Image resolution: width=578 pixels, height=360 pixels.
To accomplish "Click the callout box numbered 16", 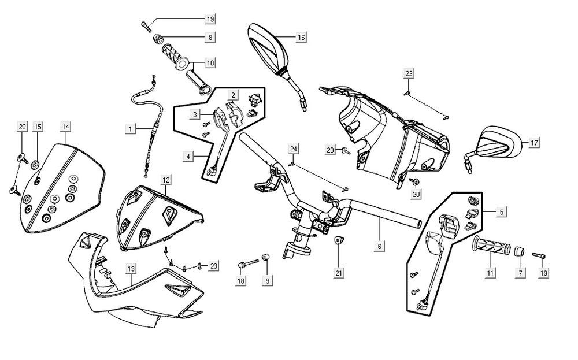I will (x=301, y=38).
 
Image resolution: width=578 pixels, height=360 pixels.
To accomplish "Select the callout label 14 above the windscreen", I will (x=66, y=127).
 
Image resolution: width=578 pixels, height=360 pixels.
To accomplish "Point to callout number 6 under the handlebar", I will (x=379, y=247).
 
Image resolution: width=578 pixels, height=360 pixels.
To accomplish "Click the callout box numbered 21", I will (x=339, y=272).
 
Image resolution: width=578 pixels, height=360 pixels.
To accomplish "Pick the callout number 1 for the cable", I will (x=131, y=127).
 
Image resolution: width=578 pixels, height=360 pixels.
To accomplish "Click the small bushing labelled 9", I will (x=266, y=257).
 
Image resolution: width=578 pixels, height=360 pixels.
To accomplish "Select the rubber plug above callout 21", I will (x=339, y=241).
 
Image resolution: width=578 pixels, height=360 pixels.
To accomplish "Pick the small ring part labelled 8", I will (x=155, y=39).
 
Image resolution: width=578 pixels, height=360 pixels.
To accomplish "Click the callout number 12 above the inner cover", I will (x=165, y=180).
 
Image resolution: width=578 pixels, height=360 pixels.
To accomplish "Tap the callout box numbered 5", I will (x=501, y=212).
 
